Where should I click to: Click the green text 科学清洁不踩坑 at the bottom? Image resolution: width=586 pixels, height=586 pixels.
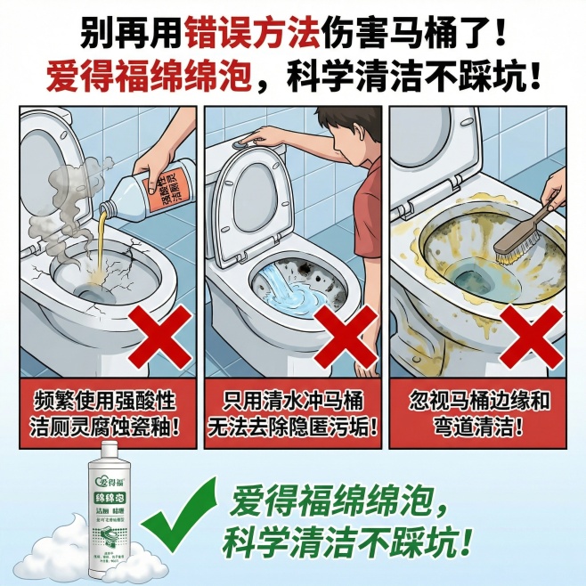pos(348,540)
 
